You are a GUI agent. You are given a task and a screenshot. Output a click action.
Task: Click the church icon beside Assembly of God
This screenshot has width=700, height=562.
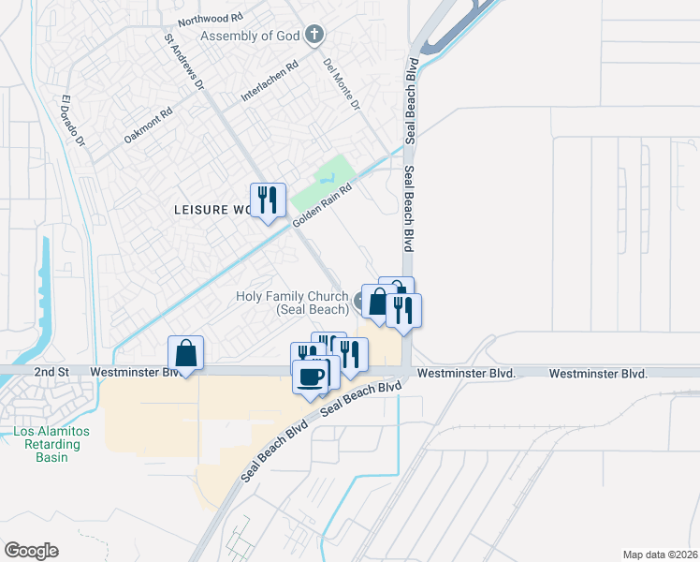(x=314, y=36)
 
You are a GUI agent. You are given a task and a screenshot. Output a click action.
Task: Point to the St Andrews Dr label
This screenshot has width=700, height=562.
(x=183, y=63)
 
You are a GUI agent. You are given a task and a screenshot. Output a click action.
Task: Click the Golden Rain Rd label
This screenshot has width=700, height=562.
(x=321, y=205)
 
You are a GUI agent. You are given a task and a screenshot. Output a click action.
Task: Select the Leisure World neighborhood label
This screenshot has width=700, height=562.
(x=212, y=210)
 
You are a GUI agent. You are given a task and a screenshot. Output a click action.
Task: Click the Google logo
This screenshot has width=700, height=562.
(x=31, y=550)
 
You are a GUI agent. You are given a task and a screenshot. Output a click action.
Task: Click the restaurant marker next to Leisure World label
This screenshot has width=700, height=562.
(x=268, y=200)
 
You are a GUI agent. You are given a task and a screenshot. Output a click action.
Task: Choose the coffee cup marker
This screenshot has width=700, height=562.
(x=310, y=377)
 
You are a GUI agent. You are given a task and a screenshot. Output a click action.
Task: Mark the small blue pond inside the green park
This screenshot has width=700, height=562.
(x=327, y=176)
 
